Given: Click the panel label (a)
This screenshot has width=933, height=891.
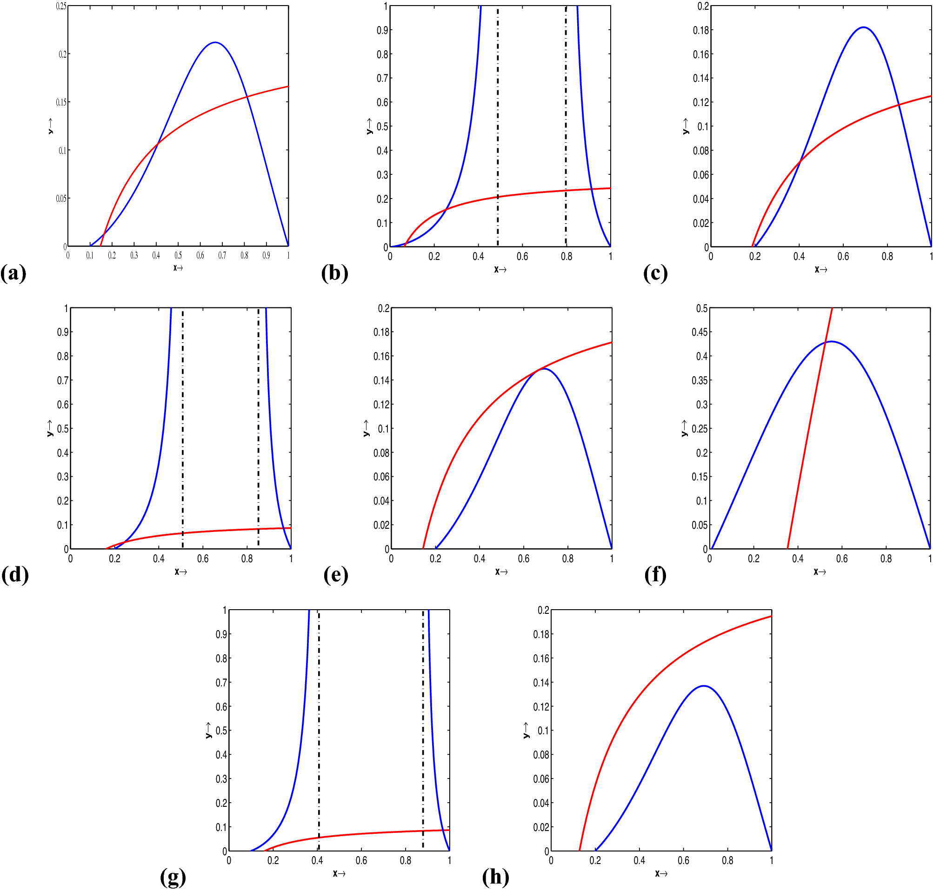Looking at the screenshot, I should [x=13, y=274].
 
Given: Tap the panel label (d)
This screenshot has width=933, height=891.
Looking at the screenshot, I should [x=15, y=576].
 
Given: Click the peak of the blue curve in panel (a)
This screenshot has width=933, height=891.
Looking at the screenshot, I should [x=216, y=43].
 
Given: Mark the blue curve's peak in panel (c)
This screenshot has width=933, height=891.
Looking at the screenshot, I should [x=863, y=27].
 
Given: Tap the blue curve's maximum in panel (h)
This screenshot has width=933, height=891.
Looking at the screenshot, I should [x=704, y=686].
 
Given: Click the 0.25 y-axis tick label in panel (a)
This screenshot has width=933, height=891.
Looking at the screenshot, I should [x=61, y=6].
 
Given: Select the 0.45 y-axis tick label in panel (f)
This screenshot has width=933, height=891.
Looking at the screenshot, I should [x=699, y=332].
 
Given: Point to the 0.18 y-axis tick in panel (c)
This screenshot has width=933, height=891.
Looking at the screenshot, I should [x=701, y=30].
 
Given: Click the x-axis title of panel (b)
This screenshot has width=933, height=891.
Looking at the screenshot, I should [x=500, y=270].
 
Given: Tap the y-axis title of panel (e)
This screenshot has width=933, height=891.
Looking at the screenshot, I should [x=366, y=428].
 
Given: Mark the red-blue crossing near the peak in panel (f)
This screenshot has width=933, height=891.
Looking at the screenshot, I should [x=826, y=342].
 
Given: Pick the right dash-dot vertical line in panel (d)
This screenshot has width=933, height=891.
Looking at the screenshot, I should [x=259, y=427].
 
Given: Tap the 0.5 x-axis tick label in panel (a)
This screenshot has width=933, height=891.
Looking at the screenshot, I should [x=178, y=255].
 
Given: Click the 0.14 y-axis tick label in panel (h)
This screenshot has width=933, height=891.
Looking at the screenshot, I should [x=541, y=683].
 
